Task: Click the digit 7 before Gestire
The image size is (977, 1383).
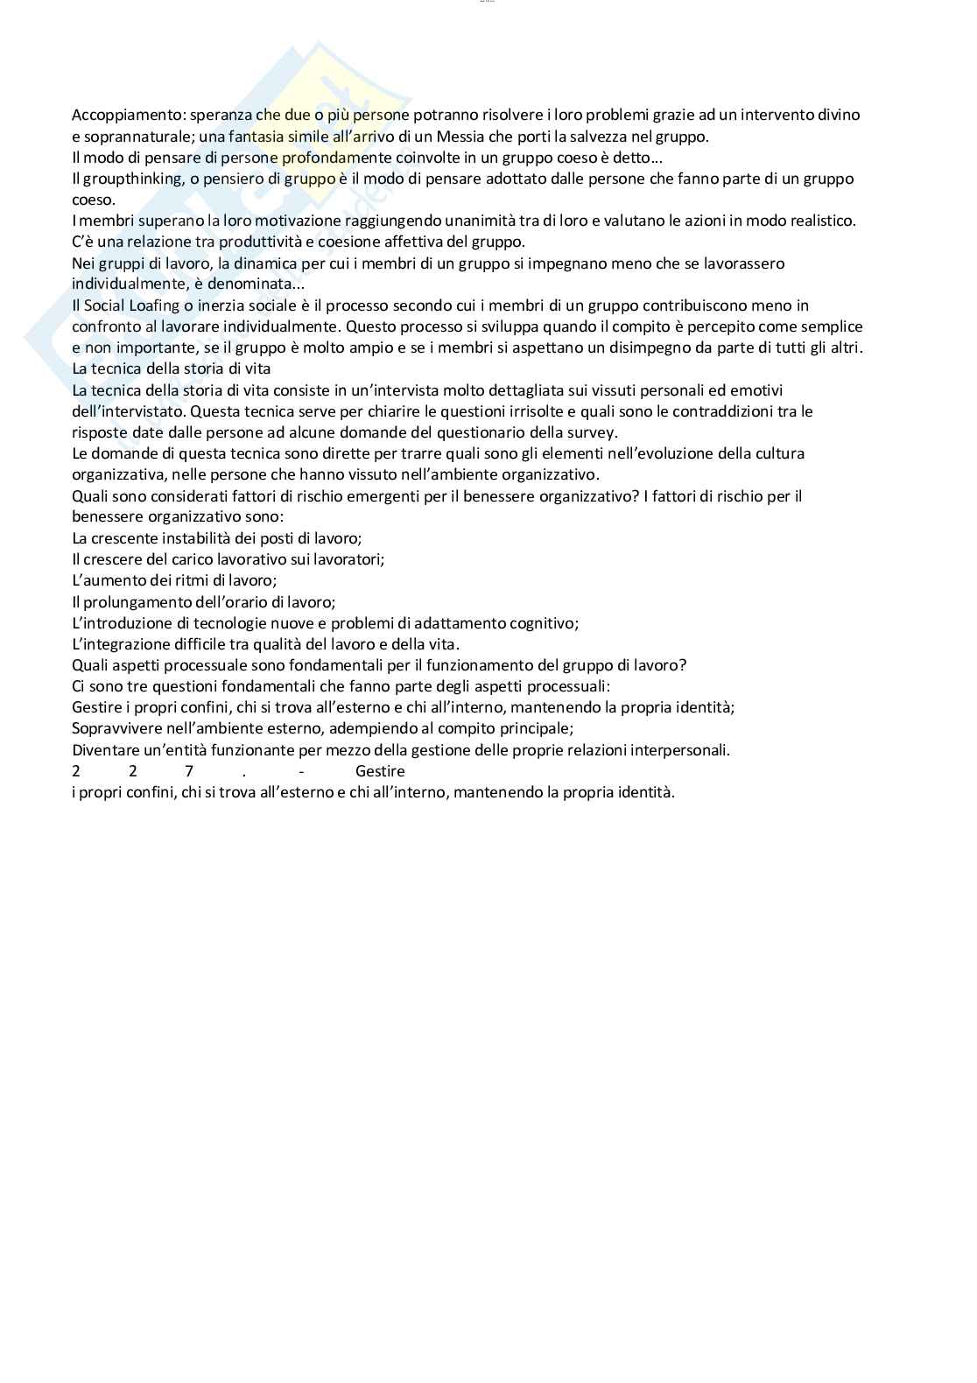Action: pyautogui.click(x=189, y=771)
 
